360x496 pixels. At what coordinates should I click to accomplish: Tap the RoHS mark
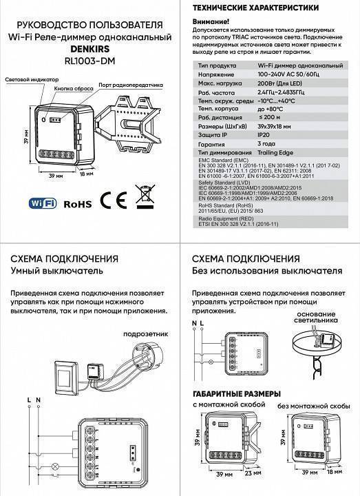[x=78, y=204]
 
